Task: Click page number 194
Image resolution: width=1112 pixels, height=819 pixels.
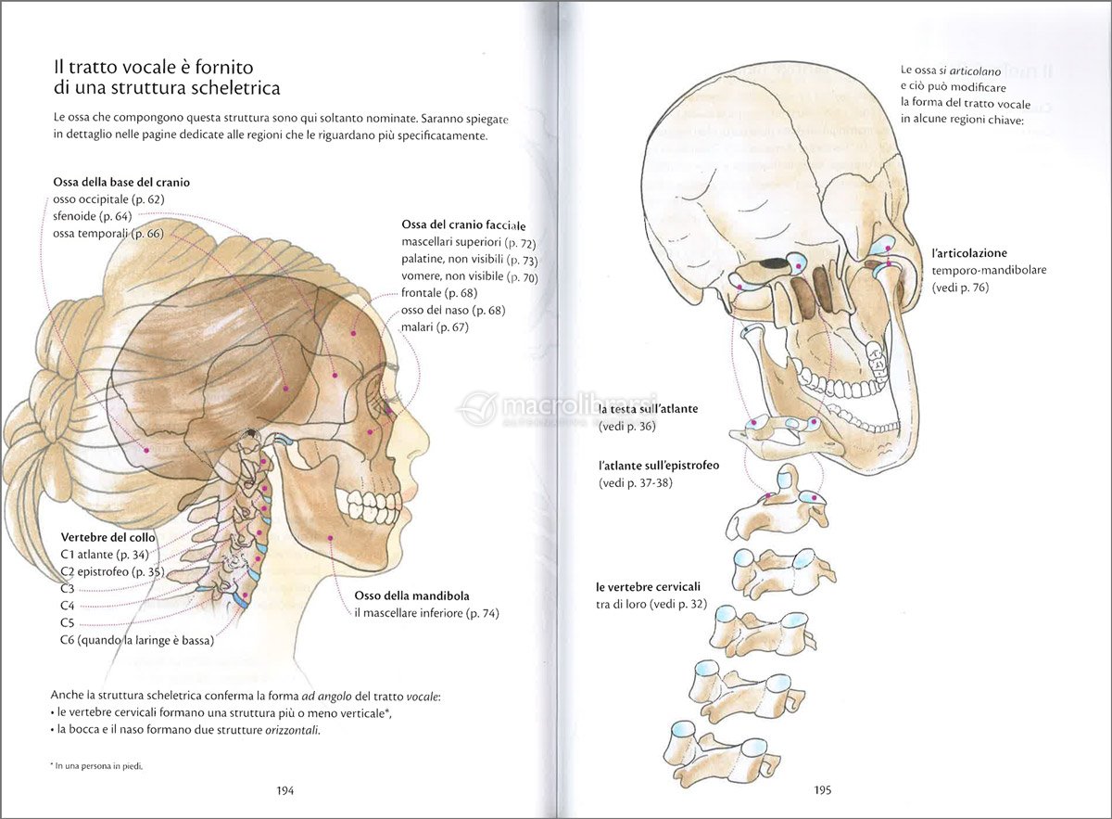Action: click(x=285, y=790)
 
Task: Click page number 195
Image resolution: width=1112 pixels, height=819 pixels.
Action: click(x=823, y=790)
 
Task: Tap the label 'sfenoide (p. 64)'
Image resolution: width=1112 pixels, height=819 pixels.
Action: click(x=93, y=216)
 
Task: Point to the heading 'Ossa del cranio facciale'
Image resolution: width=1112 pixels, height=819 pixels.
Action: click(x=463, y=225)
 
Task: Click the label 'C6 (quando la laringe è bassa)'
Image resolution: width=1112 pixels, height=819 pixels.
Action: click(x=137, y=640)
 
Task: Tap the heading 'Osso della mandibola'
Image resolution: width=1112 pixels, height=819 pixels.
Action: click(x=411, y=595)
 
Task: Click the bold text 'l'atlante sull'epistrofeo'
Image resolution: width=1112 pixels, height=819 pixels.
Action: click(x=659, y=465)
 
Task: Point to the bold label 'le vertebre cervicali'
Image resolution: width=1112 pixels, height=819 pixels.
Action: click(x=648, y=587)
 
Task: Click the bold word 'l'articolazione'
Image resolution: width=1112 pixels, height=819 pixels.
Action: click(x=969, y=253)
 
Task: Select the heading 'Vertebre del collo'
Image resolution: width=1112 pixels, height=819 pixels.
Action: click(x=108, y=537)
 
